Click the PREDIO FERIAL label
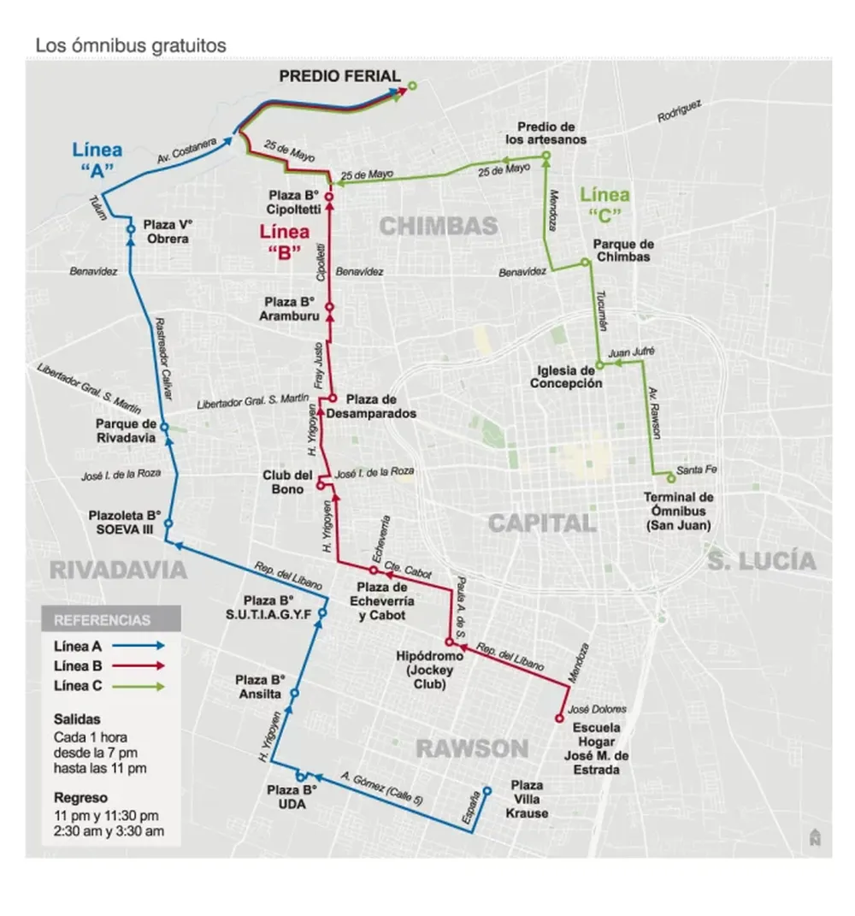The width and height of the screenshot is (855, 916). [339, 76]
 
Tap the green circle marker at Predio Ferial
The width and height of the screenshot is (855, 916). [412, 86]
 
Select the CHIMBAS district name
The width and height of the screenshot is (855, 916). [438, 226]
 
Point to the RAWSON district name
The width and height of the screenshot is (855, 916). [472, 749]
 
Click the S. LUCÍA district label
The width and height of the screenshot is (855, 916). [761, 561]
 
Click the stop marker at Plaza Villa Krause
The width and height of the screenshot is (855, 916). [486, 791]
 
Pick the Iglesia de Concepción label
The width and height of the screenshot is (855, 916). [565, 377]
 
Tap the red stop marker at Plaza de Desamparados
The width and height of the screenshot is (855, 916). [333, 399]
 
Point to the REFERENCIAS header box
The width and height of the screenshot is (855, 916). [111, 620]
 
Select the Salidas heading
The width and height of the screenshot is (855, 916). [76, 720]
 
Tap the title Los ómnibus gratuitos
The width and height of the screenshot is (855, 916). [130, 45]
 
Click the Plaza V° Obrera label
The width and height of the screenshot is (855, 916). [168, 232]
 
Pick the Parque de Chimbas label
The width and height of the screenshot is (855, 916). [622, 251]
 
